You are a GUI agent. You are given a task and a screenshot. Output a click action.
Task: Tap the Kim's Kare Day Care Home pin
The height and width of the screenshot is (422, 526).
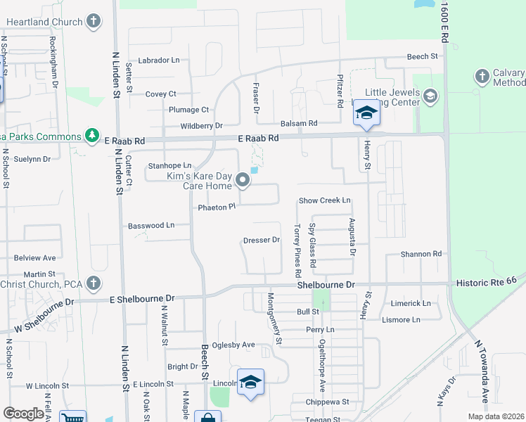[243, 181]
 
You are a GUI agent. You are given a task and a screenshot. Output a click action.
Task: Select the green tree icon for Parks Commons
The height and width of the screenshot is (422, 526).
[91, 134]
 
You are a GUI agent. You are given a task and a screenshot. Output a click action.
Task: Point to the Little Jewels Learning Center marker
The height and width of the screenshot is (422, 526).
[430, 96]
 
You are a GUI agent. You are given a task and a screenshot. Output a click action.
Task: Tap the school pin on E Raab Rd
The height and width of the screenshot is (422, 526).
[366, 115]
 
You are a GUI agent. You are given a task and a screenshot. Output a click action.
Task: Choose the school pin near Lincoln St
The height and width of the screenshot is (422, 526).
[250, 383]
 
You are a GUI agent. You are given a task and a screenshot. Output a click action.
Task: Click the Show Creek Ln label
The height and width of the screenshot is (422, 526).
[324, 200]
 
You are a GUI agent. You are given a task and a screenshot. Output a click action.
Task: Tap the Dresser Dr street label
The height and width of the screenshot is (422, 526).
[262, 240]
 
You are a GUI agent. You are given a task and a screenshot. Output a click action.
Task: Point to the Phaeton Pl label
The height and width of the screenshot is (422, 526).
[215, 207]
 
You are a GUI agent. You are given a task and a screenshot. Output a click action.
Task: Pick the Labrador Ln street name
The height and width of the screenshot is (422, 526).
[159, 60]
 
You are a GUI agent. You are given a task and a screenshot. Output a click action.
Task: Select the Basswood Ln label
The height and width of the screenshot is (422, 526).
[151, 226]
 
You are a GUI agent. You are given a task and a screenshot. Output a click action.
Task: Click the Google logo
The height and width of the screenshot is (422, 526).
[24, 414]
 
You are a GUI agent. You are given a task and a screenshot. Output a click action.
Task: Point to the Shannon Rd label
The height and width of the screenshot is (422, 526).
[421, 254]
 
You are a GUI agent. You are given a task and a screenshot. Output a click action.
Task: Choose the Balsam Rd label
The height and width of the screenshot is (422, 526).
[298, 123]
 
